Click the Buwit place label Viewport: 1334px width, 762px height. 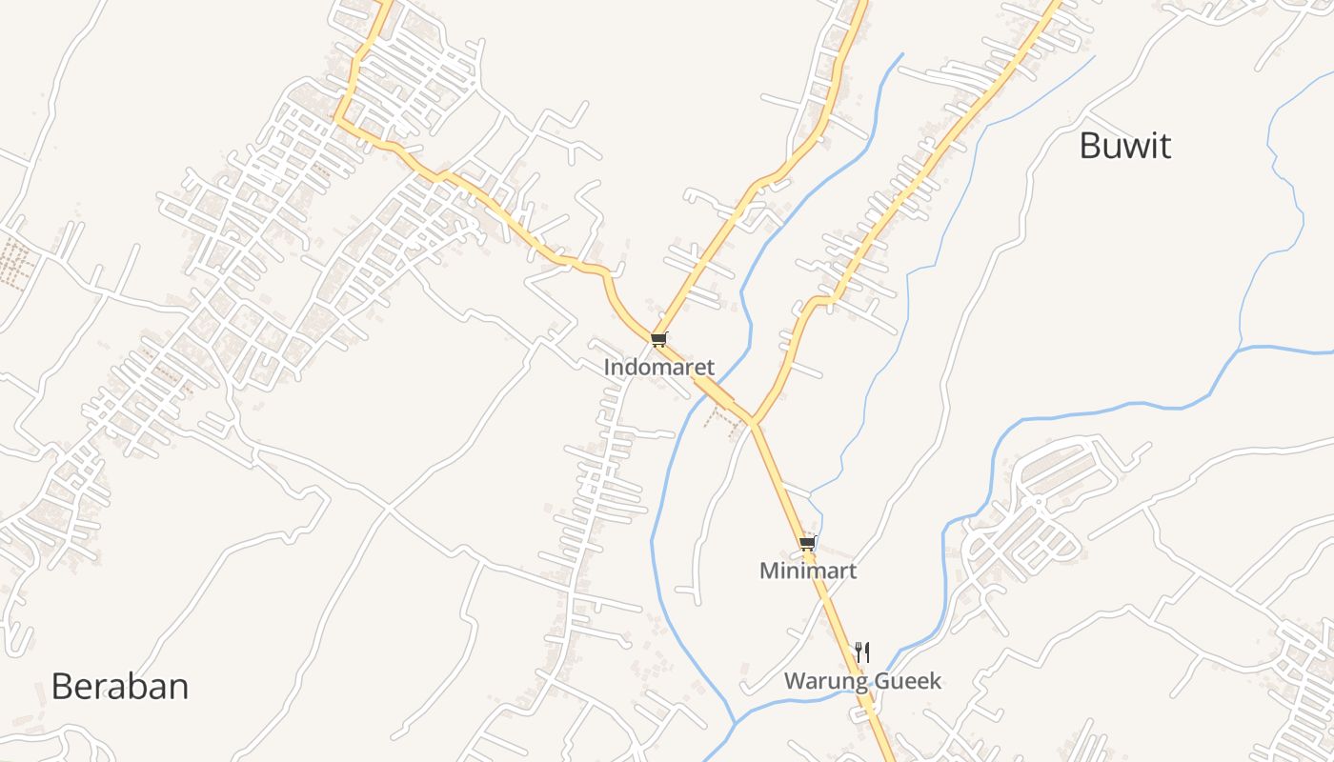pos(1124,146)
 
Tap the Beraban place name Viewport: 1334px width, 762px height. pos(120,687)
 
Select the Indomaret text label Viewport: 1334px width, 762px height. pos(658,367)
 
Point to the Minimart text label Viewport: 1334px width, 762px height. pos(807,571)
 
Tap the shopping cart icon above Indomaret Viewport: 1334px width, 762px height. pos(658,339)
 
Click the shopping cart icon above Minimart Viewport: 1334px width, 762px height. pos(807,544)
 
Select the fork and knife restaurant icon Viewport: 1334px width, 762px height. pos(862,652)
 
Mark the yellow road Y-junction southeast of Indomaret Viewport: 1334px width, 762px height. pos(752,421)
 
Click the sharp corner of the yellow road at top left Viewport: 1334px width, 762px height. pos(336,119)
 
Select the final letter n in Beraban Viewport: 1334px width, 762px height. pos(178,687)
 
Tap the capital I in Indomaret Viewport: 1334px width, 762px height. pos(608,367)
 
